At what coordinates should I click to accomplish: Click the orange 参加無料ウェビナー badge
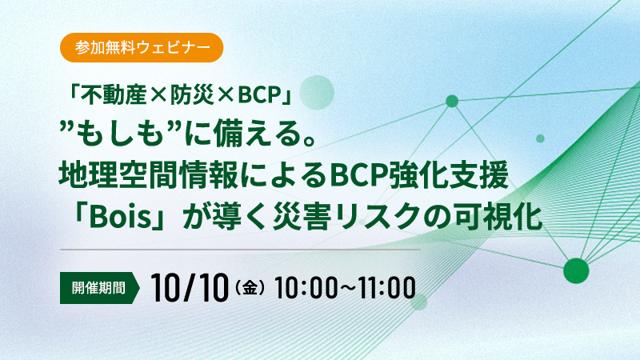pos(142,48)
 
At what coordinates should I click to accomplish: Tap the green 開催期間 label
pos(99,288)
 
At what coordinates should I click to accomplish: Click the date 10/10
pos(189,288)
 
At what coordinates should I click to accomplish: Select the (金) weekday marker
pos(250,289)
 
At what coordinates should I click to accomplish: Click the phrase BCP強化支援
pos(419,175)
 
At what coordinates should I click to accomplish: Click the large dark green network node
pos(576,270)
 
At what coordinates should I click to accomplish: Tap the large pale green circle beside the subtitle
pos(317,92)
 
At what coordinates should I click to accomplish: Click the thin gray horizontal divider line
pos(240,249)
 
